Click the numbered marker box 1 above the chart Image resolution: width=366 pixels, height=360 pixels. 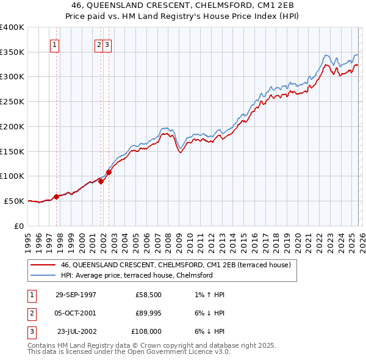(55, 44)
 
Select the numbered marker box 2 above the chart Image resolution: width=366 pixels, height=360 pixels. (99, 44)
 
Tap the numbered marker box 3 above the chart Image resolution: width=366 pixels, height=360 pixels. (107, 44)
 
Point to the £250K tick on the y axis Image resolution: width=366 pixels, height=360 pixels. (12, 101)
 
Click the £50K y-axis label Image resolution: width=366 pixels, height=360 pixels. (15, 201)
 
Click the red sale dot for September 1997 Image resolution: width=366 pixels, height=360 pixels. (57, 196)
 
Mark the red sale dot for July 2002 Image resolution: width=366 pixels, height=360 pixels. (109, 172)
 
